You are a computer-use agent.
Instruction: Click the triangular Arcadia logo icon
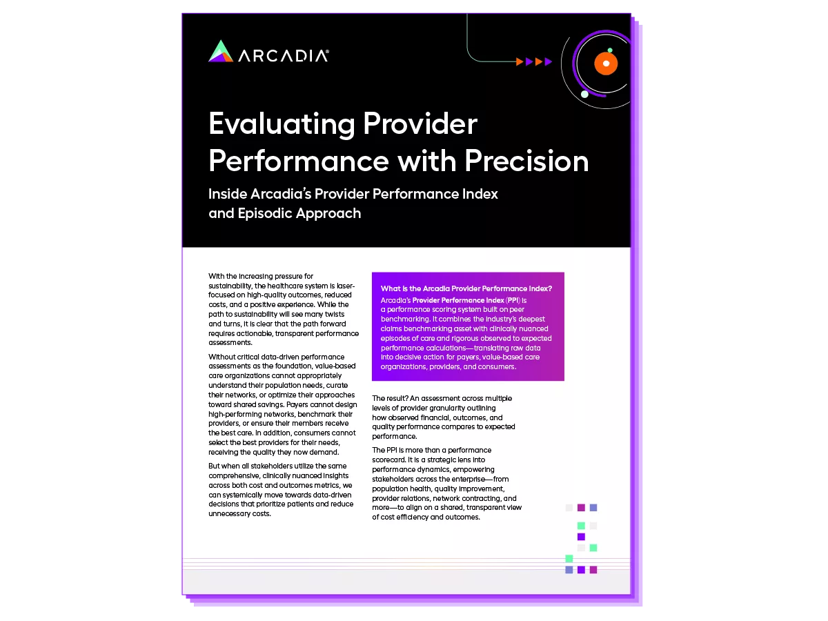(221, 51)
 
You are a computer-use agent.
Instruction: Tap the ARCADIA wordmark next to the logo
(284, 55)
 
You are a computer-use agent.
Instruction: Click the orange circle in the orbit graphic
(606, 63)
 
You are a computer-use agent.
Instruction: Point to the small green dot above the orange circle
(610, 50)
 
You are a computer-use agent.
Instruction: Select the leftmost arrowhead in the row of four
(520, 61)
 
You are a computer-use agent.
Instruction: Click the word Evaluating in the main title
(282, 124)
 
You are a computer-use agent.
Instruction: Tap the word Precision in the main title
(526, 161)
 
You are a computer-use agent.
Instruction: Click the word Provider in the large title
(420, 124)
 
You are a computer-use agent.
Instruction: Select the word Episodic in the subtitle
(265, 214)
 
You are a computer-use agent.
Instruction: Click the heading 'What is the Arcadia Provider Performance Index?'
(466, 288)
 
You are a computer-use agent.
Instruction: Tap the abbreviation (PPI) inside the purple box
(513, 300)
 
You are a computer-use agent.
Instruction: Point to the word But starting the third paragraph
(215, 466)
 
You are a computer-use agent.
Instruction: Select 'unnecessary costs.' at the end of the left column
(239, 513)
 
